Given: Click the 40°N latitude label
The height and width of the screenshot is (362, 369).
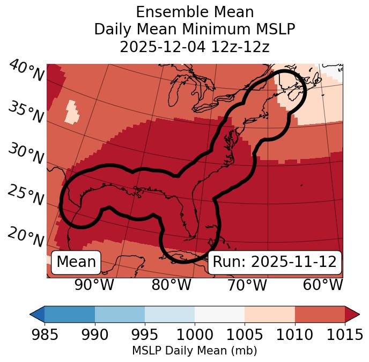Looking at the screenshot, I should coord(26,71).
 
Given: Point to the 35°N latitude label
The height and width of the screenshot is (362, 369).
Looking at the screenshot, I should coord(26,112).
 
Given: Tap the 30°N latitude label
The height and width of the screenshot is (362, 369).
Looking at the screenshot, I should coord(26,154).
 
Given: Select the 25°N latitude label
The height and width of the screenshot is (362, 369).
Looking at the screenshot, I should coord(26,196).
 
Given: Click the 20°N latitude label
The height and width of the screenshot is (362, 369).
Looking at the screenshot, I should coord(26,236).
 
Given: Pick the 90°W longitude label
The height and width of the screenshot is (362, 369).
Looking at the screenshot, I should coord(94,285).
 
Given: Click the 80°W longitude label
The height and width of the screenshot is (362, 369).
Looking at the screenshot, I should coord(172,285).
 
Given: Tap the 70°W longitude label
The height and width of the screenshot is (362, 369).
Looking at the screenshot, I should coord(247,285).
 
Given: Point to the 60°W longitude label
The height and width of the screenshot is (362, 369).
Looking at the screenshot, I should coord(323,285).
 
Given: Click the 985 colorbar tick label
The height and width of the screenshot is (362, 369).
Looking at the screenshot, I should coord(45,335).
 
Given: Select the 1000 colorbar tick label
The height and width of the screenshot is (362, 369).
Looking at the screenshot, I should coord(194,335).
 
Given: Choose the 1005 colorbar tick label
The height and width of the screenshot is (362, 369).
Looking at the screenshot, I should coord(245,335).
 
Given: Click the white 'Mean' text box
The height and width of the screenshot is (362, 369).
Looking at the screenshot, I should coord(76,262).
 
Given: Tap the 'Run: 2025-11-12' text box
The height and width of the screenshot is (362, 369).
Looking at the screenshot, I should coord(275,262).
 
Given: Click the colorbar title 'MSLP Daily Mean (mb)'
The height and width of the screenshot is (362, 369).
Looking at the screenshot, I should coord(194,351).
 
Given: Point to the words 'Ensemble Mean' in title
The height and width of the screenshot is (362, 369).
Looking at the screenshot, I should coord(194,12).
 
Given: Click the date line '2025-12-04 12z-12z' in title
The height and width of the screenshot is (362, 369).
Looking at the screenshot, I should coord(194,47).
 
